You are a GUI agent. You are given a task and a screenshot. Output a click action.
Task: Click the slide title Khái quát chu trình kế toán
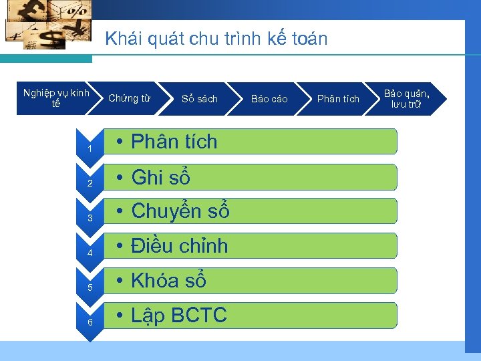click(x=216, y=39)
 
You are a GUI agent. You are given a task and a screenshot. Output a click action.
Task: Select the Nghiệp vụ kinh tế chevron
click(x=56, y=98)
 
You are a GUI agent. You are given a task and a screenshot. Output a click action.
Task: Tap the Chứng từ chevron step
click(x=129, y=99)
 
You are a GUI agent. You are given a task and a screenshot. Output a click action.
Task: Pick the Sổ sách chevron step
click(x=200, y=99)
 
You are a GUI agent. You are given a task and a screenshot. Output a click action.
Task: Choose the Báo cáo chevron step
click(x=269, y=99)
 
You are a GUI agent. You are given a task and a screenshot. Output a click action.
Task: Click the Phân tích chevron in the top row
click(x=338, y=99)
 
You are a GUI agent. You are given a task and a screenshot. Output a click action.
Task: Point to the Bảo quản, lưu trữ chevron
click(x=406, y=98)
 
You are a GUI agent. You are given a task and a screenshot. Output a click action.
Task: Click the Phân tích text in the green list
click(x=174, y=142)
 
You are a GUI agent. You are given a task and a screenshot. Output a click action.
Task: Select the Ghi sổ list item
click(x=160, y=177)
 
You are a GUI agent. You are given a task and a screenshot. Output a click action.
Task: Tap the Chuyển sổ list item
click(x=180, y=211)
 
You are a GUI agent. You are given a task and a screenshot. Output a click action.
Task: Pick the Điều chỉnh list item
click(x=179, y=246)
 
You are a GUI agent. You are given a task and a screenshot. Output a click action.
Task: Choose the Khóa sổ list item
click(x=168, y=281)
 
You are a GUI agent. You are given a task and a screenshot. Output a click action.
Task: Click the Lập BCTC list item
click(x=178, y=316)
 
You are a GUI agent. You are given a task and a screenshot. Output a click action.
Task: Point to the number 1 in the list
click(x=89, y=148)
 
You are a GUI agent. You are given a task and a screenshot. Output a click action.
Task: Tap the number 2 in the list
click(x=89, y=183)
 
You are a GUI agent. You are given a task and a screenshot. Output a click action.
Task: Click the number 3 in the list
click(x=89, y=218)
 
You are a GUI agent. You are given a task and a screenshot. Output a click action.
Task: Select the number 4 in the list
click(x=89, y=253)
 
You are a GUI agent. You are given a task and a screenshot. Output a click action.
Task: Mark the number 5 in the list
click(x=89, y=287)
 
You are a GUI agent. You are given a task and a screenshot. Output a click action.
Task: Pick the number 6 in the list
click(x=89, y=322)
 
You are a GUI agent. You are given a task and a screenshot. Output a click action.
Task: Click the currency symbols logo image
click(x=47, y=25)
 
